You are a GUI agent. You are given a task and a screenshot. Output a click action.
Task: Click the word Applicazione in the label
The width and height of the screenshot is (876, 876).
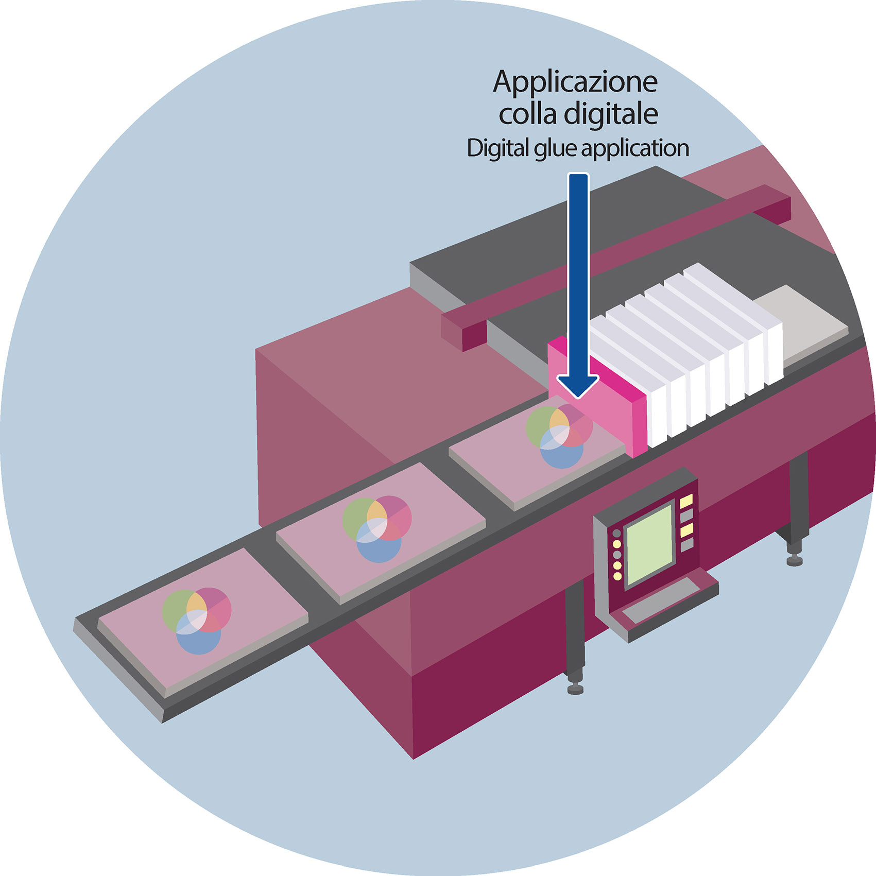(x=575, y=82)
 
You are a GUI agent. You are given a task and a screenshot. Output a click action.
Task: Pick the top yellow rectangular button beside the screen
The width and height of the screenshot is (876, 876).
(x=686, y=501)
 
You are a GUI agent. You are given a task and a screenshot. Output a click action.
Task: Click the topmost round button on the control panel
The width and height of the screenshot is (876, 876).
(x=616, y=533)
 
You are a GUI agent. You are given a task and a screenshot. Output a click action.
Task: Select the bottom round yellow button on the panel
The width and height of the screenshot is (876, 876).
(x=617, y=576)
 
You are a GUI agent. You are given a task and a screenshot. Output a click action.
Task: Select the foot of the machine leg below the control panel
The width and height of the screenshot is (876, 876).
(x=575, y=689)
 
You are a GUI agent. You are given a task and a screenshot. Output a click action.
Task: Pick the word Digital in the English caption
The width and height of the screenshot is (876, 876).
(x=497, y=149)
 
